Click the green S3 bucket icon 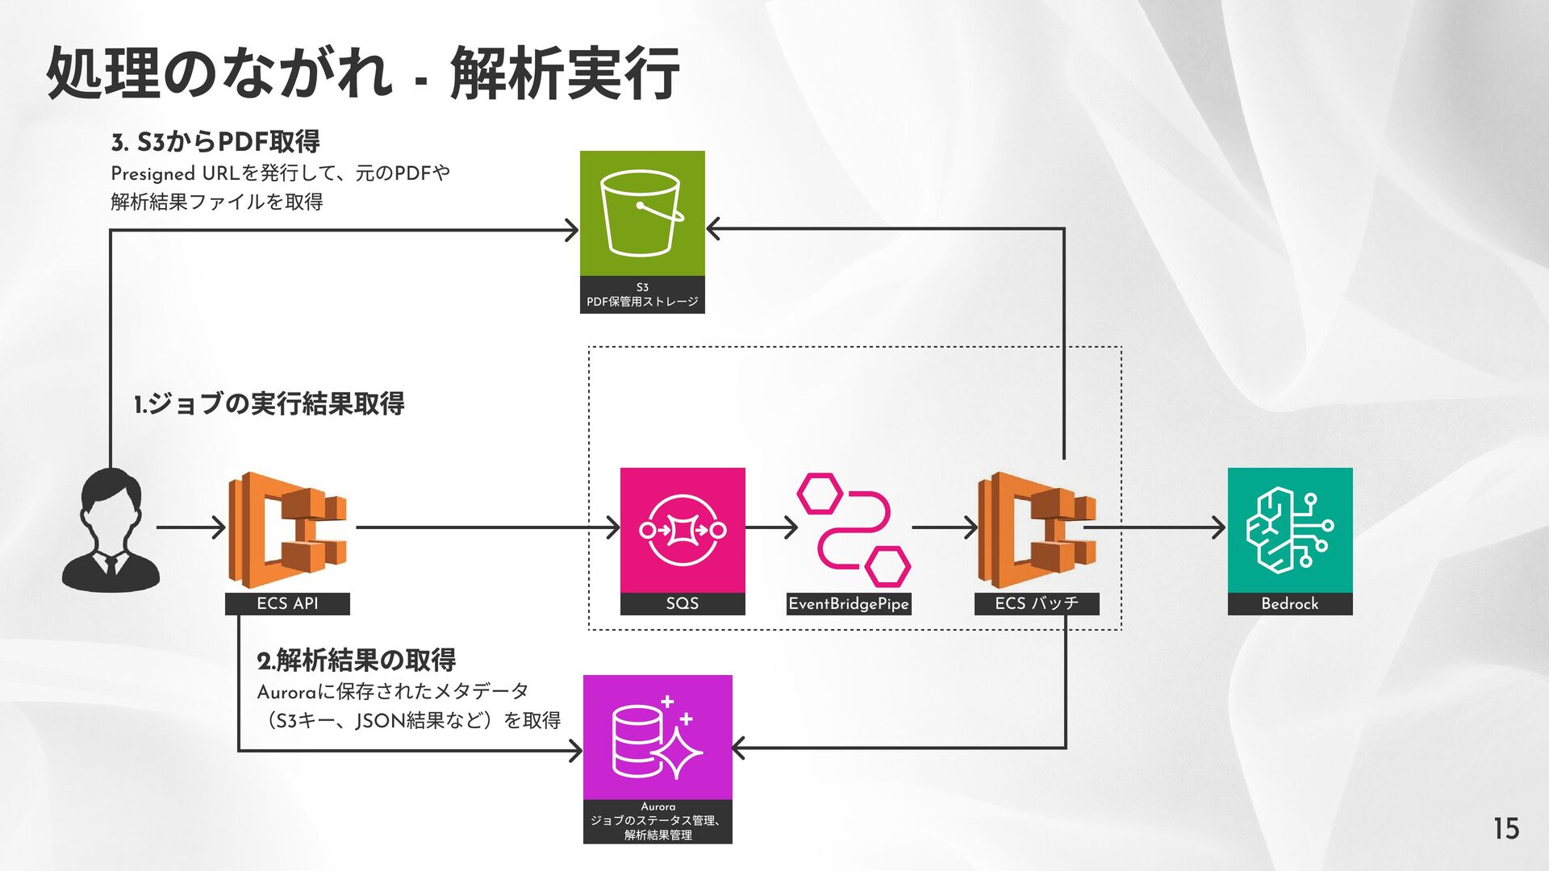click(x=642, y=214)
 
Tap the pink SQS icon click(x=683, y=530)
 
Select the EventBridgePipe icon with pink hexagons click(x=854, y=530)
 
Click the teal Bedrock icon click(x=1289, y=530)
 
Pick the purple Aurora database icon click(x=658, y=737)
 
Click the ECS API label click(x=287, y=603)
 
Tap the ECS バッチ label click(x=1037, y=603)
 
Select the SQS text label click(x=683, y=603)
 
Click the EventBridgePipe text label click(x=849, y=603)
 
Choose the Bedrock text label click(x=1289, y=603)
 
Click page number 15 click(x=1505, y=829)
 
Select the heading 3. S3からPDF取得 click(x=215, y=142)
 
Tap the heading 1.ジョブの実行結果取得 click(x=269, y=403)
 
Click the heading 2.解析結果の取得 click(x=357, y=661)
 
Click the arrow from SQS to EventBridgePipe click(x=771, y=528)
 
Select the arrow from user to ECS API click(x=191, y=528)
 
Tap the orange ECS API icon click(x=287, y=530)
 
